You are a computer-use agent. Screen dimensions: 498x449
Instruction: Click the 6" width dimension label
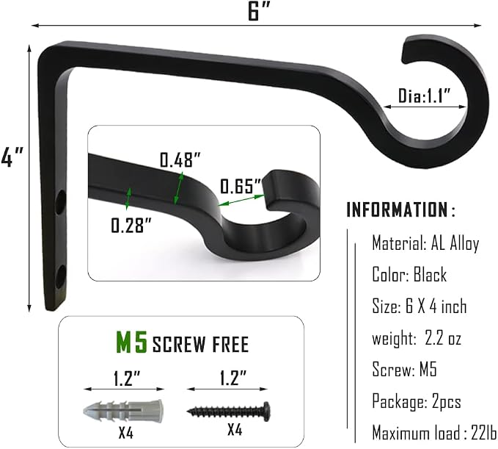pyautogui.click(x=258, y=12)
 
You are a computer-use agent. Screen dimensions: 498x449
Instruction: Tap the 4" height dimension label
pyautogui.click(x=12, y=157)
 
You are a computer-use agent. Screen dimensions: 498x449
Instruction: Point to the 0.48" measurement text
pyautogui.click(x=180, y=159)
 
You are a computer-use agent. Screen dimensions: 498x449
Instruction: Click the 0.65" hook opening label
pyautogui.click(x=241, y=186)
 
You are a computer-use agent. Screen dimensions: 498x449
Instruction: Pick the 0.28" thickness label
pyautogui.click(x=131, y=226)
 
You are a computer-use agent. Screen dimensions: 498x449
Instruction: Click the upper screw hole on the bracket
pyautogui.click(x=61, y=202)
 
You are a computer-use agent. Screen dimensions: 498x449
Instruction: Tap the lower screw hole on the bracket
pyautogui.click(x=61, y=276)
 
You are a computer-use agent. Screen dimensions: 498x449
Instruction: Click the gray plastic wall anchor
pyautogui.click(x=123, y=411)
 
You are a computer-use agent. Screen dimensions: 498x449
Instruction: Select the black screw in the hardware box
pyautogui.click(x=229, y=411)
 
